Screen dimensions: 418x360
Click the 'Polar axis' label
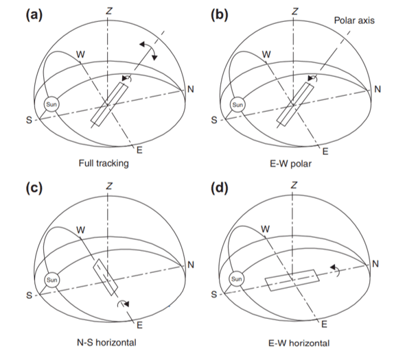click(x=354, y=21)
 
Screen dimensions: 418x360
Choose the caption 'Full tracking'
click(x=104, y=163)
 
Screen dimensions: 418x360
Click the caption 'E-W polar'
click(x=290, y=163)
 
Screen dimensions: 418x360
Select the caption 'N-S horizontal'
click(x=106, y=342)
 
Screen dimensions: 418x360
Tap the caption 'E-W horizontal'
click(x=299, y=343)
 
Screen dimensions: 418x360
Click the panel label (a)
click(x=34, y=15)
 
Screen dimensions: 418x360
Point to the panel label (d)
click(x=220, y=188)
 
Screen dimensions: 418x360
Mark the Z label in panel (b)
click(x=294, y=12)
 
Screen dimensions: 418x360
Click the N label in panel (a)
click(x=191, y=89)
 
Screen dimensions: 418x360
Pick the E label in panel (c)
click(x=139, y=325)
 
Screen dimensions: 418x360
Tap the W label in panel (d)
click(x=265, y=229)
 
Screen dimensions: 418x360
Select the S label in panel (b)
click(x=214, y=120)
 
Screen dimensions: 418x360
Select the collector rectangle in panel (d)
click(x=292, y=280)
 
